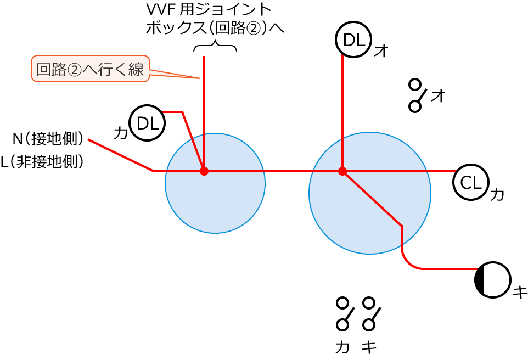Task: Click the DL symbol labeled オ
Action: click(353, 40)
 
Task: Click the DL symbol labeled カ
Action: click(147, 123)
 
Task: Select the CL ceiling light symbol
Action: click(470, 182)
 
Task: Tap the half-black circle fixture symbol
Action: click(492, 279)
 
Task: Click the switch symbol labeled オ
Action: click(417, 95)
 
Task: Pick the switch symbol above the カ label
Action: click(344, 313)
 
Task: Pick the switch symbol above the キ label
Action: click(370, 313)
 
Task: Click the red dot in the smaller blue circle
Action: click(204, 171)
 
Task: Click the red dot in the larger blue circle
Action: click(342, 171)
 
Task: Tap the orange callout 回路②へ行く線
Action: click(91, 69)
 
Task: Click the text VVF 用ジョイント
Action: click(209, 9)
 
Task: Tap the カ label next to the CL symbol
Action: click(497, 194)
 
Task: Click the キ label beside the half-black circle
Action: click(519, 292)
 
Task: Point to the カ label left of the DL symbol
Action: click(120, 132)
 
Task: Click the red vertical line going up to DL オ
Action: click(342, 110)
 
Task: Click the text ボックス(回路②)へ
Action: click(215, 27)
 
